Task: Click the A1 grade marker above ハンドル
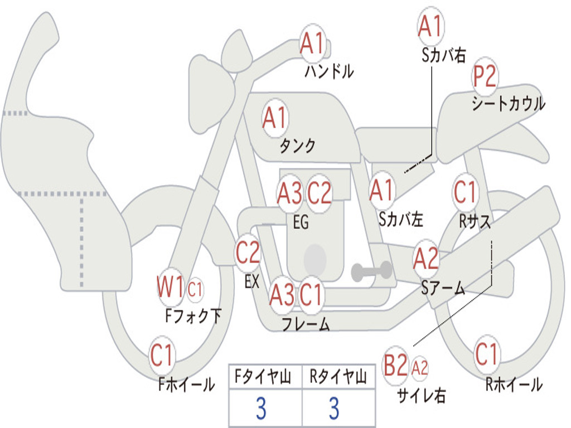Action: coord(312,43)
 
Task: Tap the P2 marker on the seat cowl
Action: coord(485,76)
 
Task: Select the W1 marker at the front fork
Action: coord(171,288)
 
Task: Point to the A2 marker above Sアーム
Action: coord(425,258)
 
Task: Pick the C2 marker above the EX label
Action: coord(248,252)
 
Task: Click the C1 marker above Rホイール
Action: coord(486,354)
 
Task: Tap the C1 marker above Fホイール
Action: coord(161,355)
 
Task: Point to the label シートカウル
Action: coord(508,103)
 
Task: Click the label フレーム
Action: coord(306,324)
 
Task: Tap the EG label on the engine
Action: coord(301,222)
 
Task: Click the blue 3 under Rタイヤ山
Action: coord(335,408)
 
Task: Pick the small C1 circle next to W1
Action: coord(195,290)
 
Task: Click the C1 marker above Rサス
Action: coord(465,192)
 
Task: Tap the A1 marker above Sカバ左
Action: coord(381,191)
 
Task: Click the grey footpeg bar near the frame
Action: coord(371,271)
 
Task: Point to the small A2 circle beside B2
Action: coord(419,368)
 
